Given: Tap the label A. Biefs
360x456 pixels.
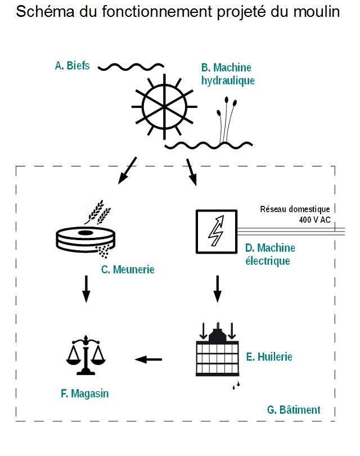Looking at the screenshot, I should point(72,66).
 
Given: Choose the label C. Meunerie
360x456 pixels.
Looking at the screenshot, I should point(128,269).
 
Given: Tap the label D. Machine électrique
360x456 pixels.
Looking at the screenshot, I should point(270,254).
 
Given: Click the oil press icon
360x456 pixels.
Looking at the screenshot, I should point(217,350).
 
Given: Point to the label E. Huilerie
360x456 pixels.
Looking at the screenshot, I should point(269,356).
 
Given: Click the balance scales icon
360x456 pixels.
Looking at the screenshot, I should point(85,355).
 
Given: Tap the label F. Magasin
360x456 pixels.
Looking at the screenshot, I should point(84,394).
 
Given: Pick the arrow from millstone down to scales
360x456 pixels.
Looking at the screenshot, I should point(85,288).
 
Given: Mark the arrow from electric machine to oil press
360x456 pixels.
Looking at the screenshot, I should point(218,288).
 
